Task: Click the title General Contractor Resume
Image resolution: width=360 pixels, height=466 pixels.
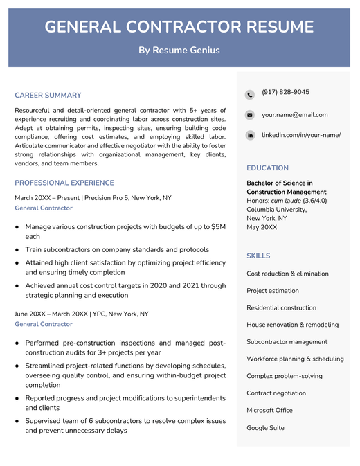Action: point(179,27)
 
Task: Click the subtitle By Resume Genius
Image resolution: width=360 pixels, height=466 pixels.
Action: point(179,50)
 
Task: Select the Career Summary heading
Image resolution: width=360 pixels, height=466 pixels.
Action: point(48,96)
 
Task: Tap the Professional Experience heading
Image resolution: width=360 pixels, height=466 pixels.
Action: point(64,183)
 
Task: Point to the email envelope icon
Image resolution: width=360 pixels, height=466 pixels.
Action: point(250,115)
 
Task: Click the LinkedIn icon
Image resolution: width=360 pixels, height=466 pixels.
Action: point(250,135)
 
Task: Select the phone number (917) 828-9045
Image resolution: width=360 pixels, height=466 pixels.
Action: point(285,93)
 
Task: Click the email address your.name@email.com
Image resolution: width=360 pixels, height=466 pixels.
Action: point(294,115)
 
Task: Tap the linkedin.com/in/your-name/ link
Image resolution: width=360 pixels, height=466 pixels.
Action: point(300,135)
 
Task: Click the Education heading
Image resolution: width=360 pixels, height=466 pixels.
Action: point(267,168)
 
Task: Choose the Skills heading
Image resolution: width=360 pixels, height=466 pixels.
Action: point(258,256)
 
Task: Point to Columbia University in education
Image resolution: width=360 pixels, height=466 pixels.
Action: point(276,209)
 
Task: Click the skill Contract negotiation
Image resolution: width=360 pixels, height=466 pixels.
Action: point(276,393)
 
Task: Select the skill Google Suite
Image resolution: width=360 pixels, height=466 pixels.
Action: point(265,428)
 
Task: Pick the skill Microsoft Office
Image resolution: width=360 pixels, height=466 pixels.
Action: point(269,410)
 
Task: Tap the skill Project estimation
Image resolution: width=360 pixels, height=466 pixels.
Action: point(273,291)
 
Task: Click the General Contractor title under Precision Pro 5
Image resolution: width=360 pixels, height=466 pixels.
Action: point(44,208)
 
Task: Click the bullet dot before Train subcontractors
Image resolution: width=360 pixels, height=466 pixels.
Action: point(17,249)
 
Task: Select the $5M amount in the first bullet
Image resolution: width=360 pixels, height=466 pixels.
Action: point(218,226)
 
